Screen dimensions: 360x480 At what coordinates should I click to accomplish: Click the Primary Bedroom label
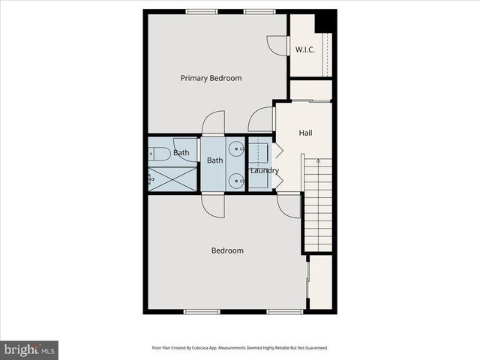click(211, 78)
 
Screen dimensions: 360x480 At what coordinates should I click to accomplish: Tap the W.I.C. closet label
click(304, 50)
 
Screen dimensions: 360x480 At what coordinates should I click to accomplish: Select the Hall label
click(305, 133)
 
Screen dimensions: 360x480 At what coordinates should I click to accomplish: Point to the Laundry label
click(264, 170)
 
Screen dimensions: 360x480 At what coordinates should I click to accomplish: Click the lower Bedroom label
click(226, 250)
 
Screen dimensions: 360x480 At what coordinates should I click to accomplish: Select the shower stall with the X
click(173, 178)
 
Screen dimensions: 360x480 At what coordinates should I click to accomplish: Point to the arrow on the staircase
click(318, 160)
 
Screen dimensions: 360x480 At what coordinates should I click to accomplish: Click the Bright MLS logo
click(29, 349)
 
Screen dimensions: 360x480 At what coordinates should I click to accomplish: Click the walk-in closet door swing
click(277, 45)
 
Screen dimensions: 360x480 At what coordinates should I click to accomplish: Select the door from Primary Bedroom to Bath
click(213, 123)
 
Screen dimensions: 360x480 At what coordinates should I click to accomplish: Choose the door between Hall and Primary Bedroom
click(261, 120)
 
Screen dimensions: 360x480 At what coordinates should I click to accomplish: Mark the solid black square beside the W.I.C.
click(325, 22)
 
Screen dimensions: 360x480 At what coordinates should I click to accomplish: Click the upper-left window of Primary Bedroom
click(198, 11)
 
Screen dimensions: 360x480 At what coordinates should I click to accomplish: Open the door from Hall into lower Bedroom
click(289, 205)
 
